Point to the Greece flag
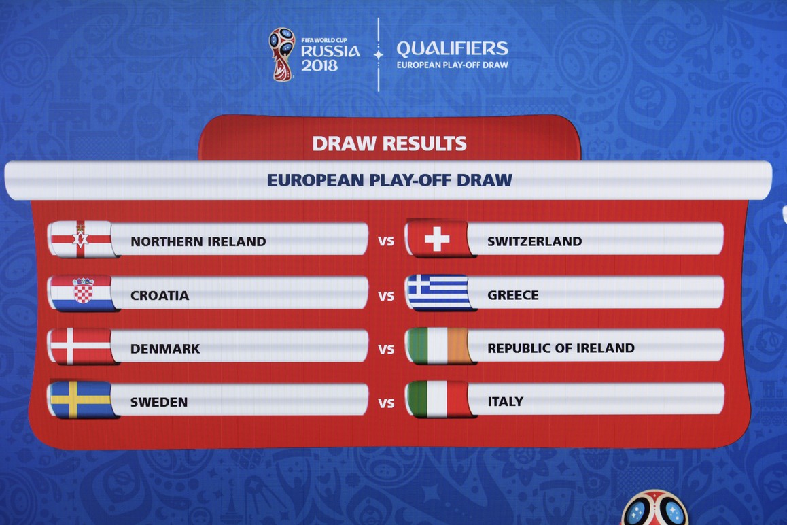438,292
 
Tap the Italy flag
438,399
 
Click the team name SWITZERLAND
535,241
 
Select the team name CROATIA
160,295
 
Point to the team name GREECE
513,295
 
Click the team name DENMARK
165,349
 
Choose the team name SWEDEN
159,402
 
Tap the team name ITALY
506,401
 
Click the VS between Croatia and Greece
386,296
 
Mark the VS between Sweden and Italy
386,403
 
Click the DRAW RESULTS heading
389,143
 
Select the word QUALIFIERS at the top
452,49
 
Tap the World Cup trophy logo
281,54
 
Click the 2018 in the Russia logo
319,65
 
